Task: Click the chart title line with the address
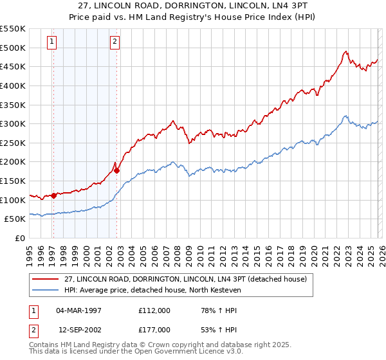[193, 6]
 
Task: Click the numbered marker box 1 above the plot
[52, 42]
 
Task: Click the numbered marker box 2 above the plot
[115, 42]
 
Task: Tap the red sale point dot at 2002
[116, 170]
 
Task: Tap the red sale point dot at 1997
[53, 195]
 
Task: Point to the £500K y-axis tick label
[13, 48]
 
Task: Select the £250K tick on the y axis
[13, 143]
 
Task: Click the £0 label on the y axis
[21, 238]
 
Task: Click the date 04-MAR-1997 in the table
[79, 310]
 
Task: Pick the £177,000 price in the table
[154, 329]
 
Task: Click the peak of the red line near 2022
[346, 51]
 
